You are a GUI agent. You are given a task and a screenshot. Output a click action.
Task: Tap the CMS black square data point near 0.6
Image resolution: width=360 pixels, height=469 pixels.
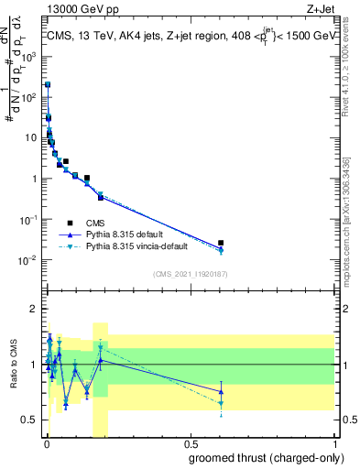coord(221,243)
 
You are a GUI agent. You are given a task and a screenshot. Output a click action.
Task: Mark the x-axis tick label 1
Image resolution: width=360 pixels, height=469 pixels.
coord(335,443)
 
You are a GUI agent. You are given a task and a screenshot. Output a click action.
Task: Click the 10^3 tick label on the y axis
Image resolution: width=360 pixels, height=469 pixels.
coord(29,55)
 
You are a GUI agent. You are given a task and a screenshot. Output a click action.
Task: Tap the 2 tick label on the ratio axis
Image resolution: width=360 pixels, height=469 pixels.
coord(34,309)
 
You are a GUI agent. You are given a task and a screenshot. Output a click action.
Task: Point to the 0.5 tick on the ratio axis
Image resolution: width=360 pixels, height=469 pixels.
coord(29,420)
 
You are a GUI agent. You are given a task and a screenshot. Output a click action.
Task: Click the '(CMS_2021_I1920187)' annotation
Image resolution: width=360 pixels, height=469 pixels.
coord(190,273)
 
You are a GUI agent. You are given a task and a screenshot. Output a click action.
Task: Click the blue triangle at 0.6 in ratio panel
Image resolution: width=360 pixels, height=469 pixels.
coord(221,392)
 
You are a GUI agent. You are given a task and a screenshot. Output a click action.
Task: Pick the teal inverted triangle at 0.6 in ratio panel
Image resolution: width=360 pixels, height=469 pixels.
coord(221,403)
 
